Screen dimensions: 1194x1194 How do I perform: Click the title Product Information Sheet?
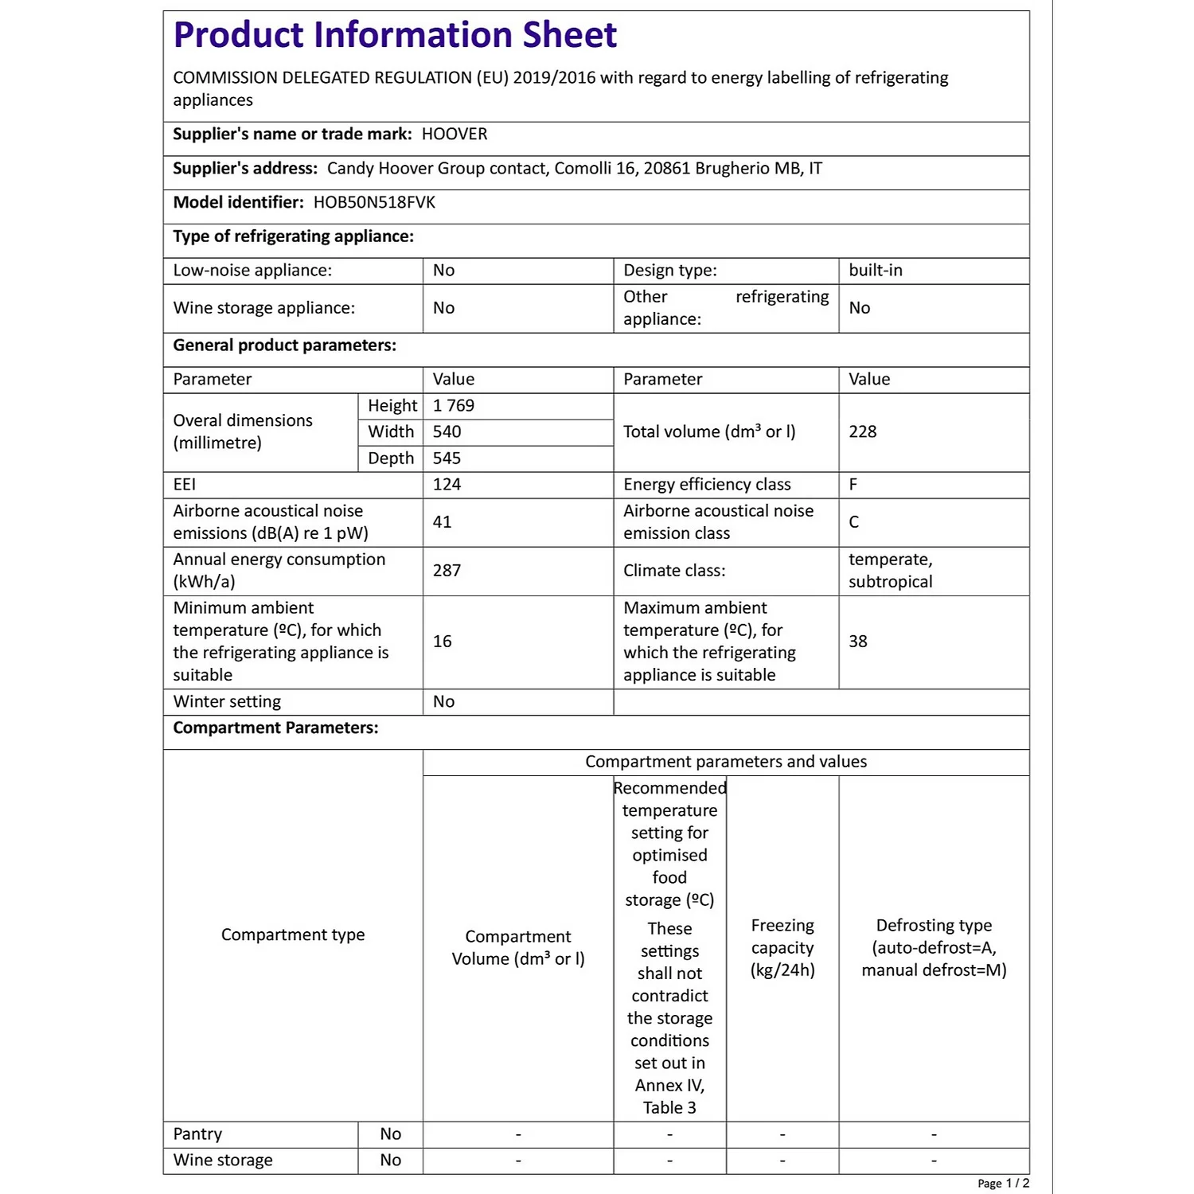(395, 35)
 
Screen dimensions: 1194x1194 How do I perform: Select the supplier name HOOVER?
(455, 134)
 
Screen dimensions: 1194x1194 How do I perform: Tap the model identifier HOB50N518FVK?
(374, 202)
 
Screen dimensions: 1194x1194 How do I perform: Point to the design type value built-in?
(876, 270)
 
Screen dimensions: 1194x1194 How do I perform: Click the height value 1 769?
(454, 405)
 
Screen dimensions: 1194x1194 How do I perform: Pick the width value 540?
(447, 431)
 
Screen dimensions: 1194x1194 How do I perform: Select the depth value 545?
(447, 458)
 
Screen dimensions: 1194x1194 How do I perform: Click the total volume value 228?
(862, 431)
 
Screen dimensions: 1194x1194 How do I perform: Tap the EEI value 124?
(447, 484)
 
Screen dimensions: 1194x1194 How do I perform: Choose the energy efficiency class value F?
(853, 484)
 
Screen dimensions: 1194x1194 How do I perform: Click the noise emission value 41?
(442, 521)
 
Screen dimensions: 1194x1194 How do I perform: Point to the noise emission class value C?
(854, 521)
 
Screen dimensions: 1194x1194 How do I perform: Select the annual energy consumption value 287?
(447, 570)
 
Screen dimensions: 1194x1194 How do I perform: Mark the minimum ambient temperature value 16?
(442, 641)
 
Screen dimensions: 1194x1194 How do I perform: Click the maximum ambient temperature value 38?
(857, 641)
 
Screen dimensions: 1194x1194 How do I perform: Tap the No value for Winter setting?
(443, 701)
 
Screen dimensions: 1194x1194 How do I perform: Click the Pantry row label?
(197, 1134)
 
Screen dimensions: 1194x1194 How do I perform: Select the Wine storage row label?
(223, 1160)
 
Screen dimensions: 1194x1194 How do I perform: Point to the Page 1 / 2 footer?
(1003, 1183)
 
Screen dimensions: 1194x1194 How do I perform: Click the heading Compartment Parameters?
(275, 728)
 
